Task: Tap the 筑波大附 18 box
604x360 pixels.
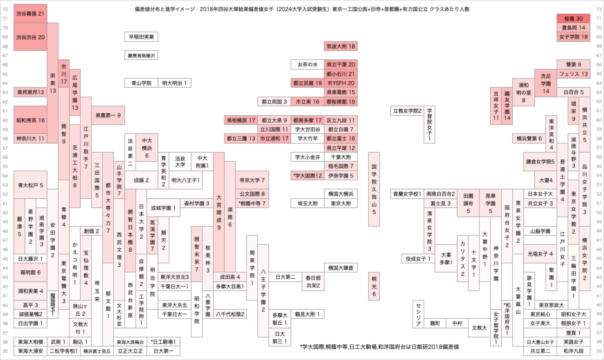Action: tap(341, 46)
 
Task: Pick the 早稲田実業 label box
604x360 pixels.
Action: tap(142, 37)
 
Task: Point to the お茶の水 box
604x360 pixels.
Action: tap(307, 64)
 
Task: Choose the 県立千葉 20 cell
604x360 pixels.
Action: tap(341, 64)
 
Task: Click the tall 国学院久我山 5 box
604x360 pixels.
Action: tap(374, 190)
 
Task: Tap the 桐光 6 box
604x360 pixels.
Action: tap(374, 287)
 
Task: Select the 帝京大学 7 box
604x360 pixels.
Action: tap(252, 180)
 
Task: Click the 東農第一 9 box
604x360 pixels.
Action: tap(108, 115)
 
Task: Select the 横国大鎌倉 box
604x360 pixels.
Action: tap(341, 268)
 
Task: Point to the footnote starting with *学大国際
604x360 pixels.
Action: tap(379, 347)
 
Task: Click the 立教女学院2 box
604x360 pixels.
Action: tap(407, 111)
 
